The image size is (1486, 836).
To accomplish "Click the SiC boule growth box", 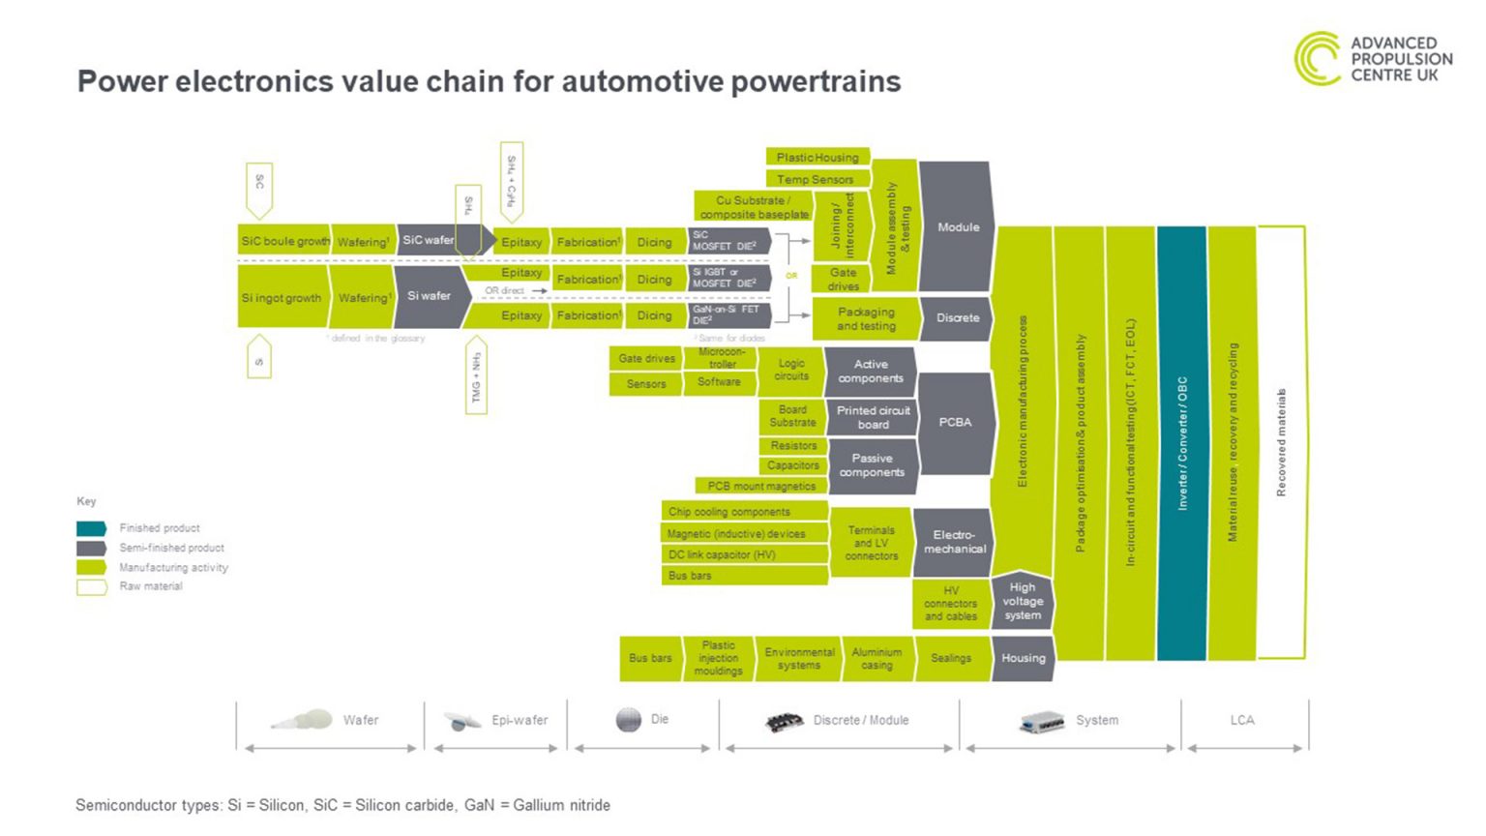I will coord(284,241).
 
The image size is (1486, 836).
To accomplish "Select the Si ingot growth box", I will coord(282,298).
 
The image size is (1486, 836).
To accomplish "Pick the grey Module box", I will coord(957,227).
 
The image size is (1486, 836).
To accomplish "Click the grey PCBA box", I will coord(955,422).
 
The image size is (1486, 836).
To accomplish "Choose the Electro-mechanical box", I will coord(954,542).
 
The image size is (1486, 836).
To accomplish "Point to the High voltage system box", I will coord(1023,601).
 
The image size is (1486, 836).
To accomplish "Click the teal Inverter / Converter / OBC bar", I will coord(1181,443).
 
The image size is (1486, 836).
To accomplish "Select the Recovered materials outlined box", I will coord(1281,443).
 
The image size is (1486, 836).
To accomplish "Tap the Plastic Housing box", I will coord(817,157).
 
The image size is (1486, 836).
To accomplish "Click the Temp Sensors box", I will coord(816,179).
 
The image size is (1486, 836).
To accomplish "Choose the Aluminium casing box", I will coord(877,659).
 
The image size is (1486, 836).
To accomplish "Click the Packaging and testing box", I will coord(866,319).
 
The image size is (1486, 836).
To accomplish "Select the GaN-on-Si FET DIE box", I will coord(728,315).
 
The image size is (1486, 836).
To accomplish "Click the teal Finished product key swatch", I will coord(91,528).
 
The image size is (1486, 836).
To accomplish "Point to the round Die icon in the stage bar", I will coord(629,720).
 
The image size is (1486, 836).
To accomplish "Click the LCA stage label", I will coord(1242,720).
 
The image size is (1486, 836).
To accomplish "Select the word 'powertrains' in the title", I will coord(816,81).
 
